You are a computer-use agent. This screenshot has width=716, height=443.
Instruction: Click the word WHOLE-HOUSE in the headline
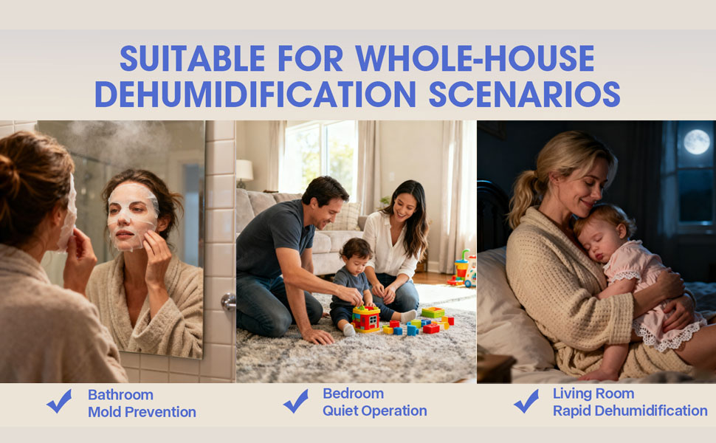(x=475, y=58)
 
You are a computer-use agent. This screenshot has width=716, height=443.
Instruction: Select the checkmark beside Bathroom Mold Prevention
(x=59, y=401)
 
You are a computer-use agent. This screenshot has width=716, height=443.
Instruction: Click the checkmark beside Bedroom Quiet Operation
(x=295, y=401)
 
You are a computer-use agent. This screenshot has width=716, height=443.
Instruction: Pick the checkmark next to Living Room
(x=526, y=401)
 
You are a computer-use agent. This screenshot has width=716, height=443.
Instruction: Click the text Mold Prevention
(x=142, y=412)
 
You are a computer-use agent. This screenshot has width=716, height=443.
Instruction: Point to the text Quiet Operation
(x=374, y=411)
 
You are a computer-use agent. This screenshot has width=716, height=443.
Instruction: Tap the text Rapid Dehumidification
(x=630, y=411)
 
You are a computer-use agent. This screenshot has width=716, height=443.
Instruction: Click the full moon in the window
(x=696, y=142)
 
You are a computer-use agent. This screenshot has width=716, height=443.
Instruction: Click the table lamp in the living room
(x=244, y=172)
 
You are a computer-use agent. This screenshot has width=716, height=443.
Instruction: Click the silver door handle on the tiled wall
(x=230, y=301)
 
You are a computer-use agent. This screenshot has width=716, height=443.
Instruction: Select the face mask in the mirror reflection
(x=133, y=215)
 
